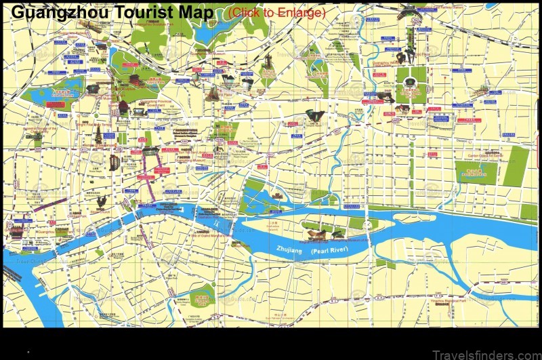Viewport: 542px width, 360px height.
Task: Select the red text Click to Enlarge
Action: coord(276,12)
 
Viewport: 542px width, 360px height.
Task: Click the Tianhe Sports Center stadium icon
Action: coord(411,83)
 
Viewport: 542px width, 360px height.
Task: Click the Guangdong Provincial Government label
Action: coord(156,105)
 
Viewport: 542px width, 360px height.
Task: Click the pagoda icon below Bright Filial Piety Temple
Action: coord(99,136)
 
